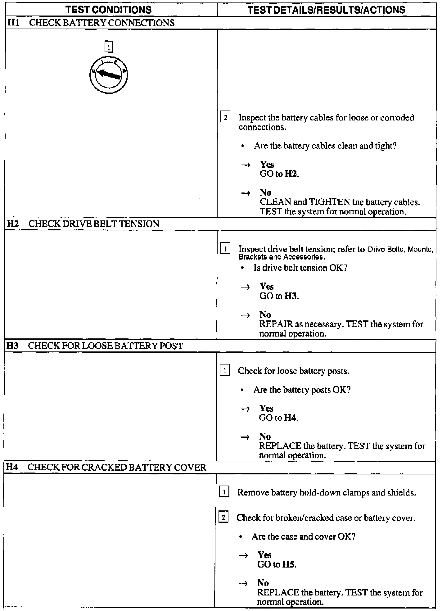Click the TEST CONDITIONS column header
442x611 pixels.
(109, 10)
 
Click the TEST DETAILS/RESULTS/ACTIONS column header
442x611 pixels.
(327, 10)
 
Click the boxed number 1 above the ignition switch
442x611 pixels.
(109, 47)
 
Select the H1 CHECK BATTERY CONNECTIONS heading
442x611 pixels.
(90, 23)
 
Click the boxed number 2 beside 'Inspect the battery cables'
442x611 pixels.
(225, 118)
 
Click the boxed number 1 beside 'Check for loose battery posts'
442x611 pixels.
(225, 371)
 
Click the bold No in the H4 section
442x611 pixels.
(263, 583)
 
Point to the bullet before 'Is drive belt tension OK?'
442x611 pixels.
(243, 268)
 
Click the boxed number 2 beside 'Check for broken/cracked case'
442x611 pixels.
(223, 518)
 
